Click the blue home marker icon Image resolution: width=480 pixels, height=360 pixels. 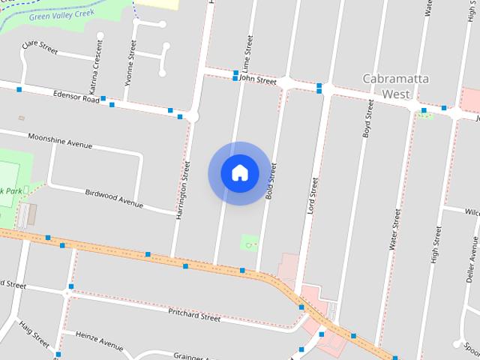(x=240, y=173)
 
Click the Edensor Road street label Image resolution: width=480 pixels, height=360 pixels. (x=76, y=97)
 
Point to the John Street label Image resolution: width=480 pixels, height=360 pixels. (x=258, y=79)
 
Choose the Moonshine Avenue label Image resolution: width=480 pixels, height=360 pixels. (x=60, y=140)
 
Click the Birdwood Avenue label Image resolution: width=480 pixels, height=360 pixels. (x=114, y=198)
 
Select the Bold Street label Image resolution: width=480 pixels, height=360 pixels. (x=271, y=181)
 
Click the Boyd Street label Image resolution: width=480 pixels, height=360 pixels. (x=367, y=117)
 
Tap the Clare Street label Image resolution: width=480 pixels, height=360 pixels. (x=40, y=46)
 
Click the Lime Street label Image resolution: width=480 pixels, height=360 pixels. (x=244, y=53)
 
